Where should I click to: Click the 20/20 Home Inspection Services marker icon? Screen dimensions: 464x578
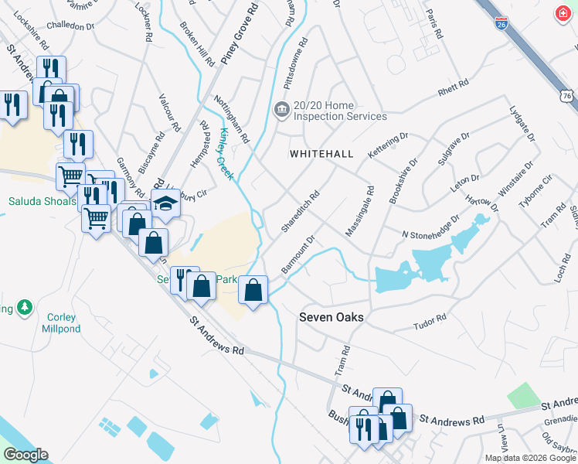(282, 108)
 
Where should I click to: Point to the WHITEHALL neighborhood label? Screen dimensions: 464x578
(321, 154)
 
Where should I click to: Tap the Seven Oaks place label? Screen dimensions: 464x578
(331, 317)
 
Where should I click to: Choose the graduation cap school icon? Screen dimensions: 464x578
(165, 203)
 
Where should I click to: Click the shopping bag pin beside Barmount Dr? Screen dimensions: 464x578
(253, 291)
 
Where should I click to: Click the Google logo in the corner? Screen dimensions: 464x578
(26, 455)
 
